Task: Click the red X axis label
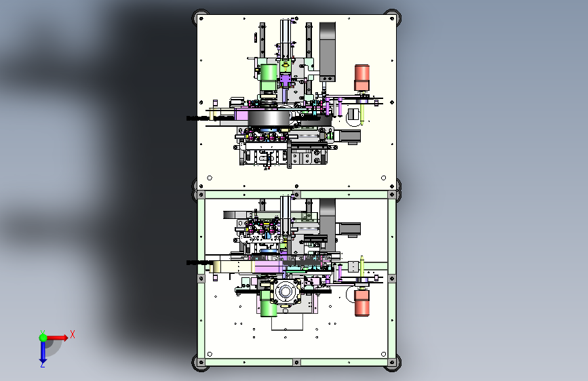[73, 334]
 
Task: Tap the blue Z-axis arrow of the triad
[43, 353]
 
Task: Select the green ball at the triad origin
[43, 338]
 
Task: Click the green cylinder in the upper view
[269, 78]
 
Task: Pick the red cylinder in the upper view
[362, 78]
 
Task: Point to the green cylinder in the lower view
[269, 303]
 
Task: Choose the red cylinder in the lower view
[362, 303]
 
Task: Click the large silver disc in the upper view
[269, 118]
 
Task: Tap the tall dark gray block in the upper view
[328, 52]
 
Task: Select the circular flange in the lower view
[285, 292]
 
